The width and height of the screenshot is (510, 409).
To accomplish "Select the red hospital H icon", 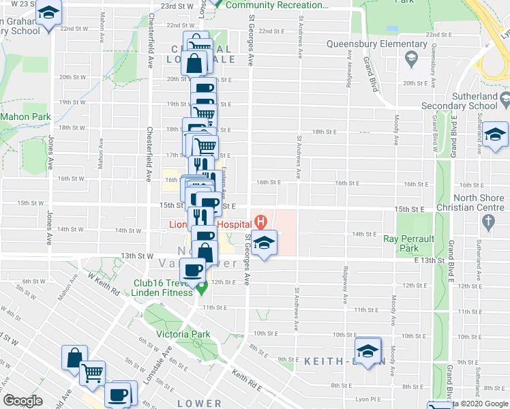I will click(259, 222).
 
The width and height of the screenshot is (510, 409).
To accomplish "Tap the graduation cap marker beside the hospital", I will click(263, 241).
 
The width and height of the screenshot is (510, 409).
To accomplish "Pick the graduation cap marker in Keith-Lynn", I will click(368, 350).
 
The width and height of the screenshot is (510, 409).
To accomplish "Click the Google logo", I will click(22, 401).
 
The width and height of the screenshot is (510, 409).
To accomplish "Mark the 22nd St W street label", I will click(73, 29).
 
